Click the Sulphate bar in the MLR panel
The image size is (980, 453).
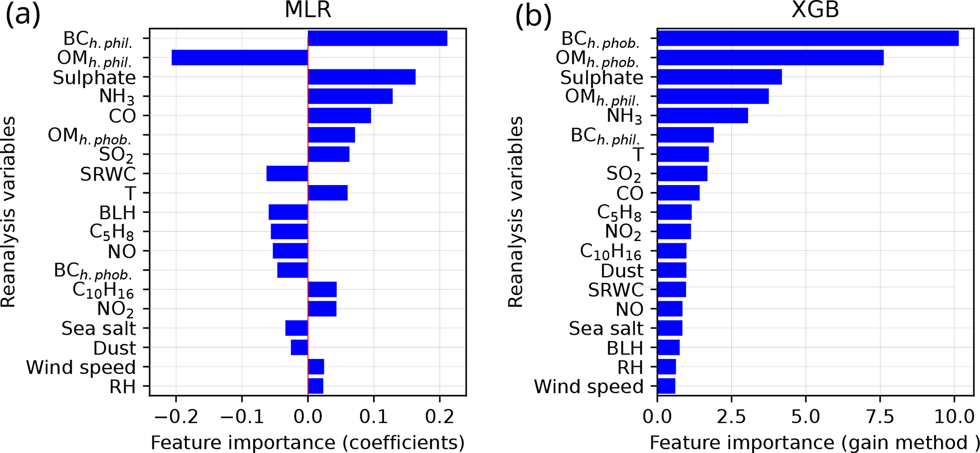coord(361,77)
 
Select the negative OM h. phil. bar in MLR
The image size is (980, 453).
coord(239,57)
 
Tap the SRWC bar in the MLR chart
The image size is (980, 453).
coord(287,174)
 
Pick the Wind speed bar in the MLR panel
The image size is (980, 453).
coord(316,367)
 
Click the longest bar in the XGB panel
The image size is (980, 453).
coord(807,38)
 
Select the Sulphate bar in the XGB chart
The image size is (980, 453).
coord(719,77)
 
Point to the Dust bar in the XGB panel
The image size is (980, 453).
coord(672,270)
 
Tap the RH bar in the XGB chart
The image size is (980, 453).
coord(667,367)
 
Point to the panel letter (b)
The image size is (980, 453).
coord(533,17)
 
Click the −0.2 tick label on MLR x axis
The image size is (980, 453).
coord(176,417)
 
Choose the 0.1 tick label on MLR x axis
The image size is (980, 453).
coord(374,417)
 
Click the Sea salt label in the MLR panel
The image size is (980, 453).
coord(99,328)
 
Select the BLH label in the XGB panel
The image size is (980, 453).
coord(625,348)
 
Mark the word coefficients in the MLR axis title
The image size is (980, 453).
coord(403,443)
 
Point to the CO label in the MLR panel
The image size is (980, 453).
coord(122,116)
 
